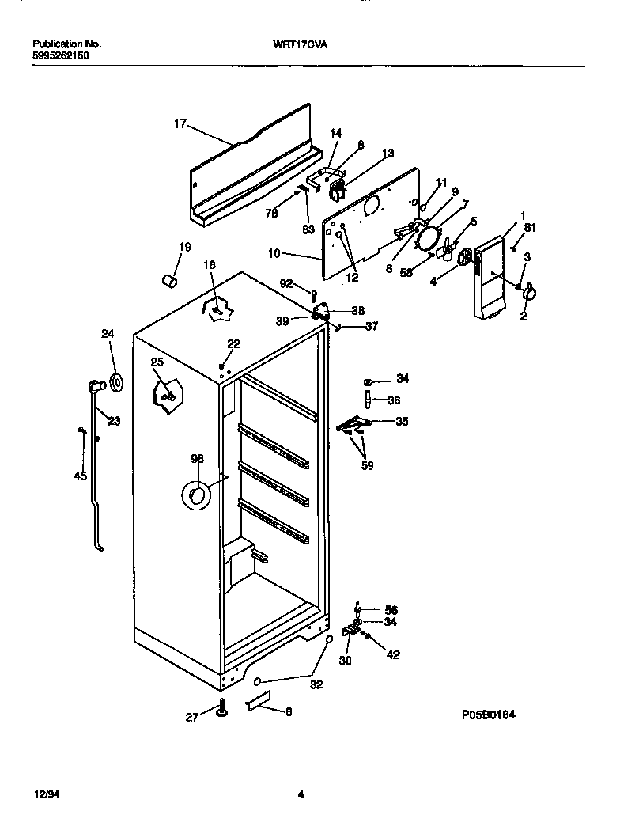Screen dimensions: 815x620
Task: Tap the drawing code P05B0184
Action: [x=488, y=715]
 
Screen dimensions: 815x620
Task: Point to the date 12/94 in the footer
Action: [x=45, y=794]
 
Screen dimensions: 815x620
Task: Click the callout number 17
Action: [x=180, y=123]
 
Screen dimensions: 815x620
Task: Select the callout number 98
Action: [x=197, y=458]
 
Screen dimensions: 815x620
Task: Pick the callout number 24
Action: [x=108, y=334]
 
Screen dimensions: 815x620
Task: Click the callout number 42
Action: [x=392, y=654]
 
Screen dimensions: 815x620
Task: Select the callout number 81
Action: [x=530, y=229]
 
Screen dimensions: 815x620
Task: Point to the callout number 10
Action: [x=274, y=254]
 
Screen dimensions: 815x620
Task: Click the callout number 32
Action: [x=316, y=685]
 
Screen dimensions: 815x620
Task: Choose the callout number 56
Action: [x=391, y=610]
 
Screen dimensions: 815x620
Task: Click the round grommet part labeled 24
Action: [x=116, y=384]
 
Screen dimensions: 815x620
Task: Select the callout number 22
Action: [x=233, y=343]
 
